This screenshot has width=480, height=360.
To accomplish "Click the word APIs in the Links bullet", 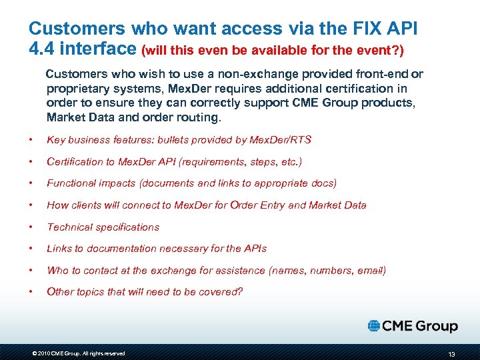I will click(255, 248).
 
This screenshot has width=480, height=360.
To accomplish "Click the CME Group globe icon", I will click(374, 325).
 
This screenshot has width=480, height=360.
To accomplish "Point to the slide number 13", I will click(452, 353).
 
